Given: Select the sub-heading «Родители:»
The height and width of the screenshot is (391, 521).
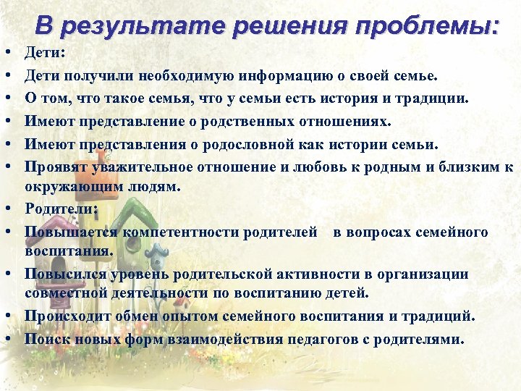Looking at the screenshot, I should point(62,209).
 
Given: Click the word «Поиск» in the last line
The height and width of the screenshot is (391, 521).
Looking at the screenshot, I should point(44,338).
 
